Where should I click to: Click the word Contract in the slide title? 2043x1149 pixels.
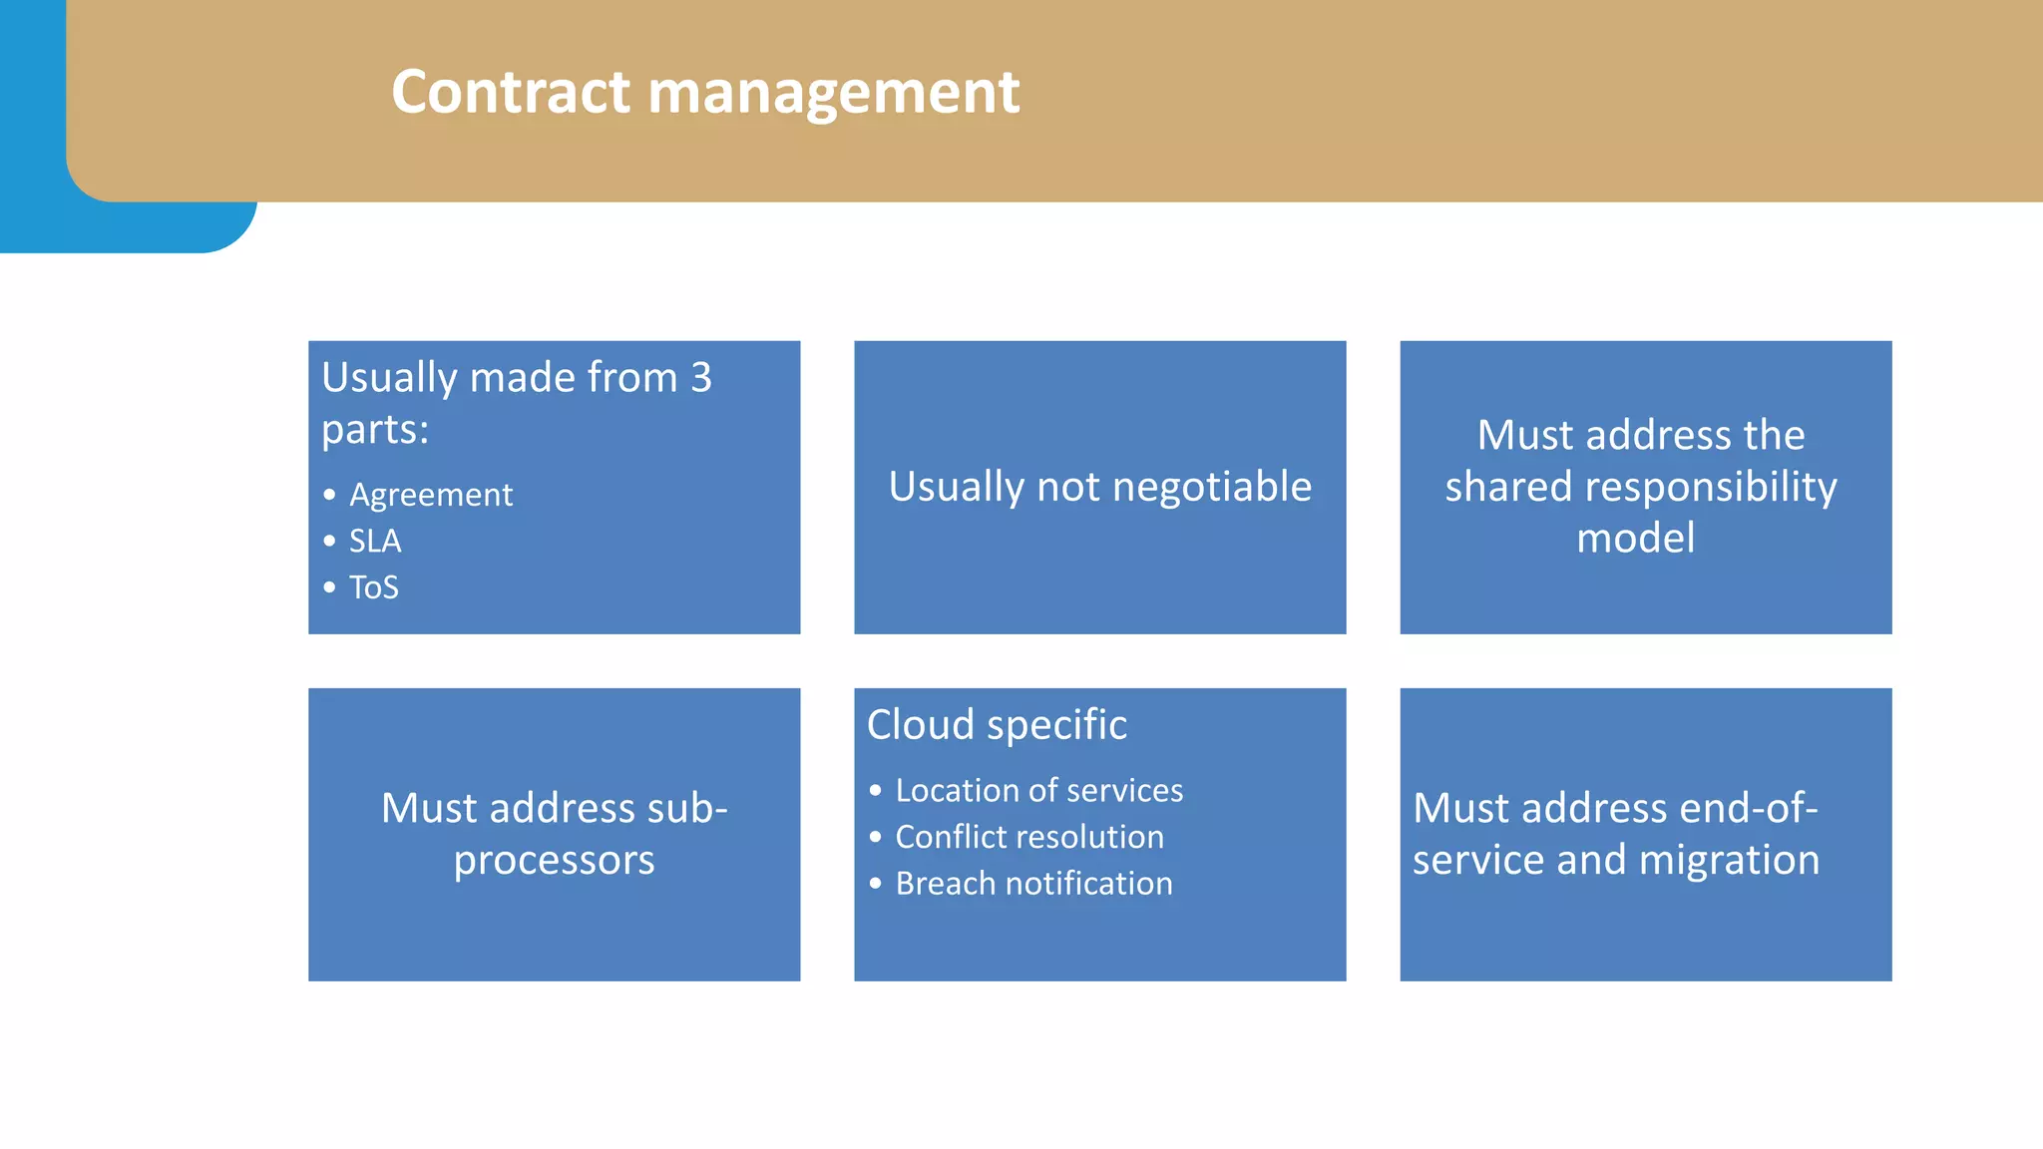511,92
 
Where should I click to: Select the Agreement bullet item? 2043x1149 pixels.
431,495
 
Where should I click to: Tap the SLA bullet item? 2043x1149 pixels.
375,542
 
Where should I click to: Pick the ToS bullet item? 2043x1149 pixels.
374,587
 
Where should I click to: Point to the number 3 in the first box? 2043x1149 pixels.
701,378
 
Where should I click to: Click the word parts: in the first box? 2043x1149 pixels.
375,431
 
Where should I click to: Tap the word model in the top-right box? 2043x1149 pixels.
1635,539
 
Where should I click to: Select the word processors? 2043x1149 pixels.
554,860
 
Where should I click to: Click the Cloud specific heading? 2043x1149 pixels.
997,725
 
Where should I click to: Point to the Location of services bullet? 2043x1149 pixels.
1038,791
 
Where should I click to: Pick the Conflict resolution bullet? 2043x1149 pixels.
1029,837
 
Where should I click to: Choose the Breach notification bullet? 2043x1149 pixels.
1033,884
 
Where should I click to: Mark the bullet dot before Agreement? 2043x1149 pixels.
329,495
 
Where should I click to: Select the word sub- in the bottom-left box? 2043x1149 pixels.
687,808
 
